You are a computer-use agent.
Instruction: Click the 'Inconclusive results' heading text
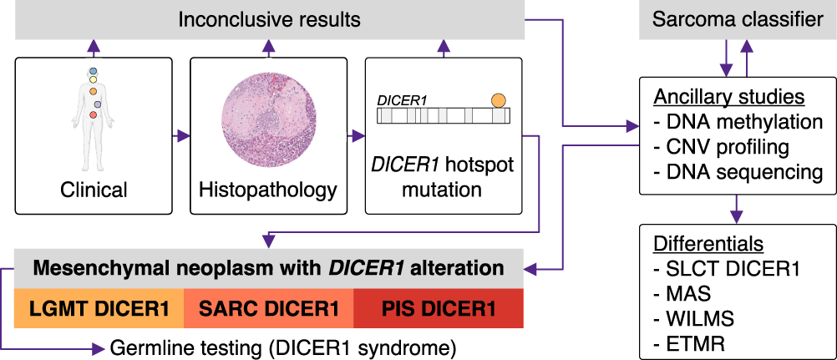[x=269, y=18]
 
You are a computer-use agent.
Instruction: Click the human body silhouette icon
[x=94, y=104]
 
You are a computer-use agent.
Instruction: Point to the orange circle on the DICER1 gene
[x=498, y=101]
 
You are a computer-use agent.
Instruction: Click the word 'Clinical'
[x=94, y=190]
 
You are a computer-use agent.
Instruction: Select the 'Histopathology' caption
[x=267, y=190]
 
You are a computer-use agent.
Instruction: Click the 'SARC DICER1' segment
[x=268, y=309]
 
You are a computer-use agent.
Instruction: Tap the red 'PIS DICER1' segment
[x=439, y=309]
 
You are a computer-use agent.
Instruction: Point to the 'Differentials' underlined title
[x=708, y=244]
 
